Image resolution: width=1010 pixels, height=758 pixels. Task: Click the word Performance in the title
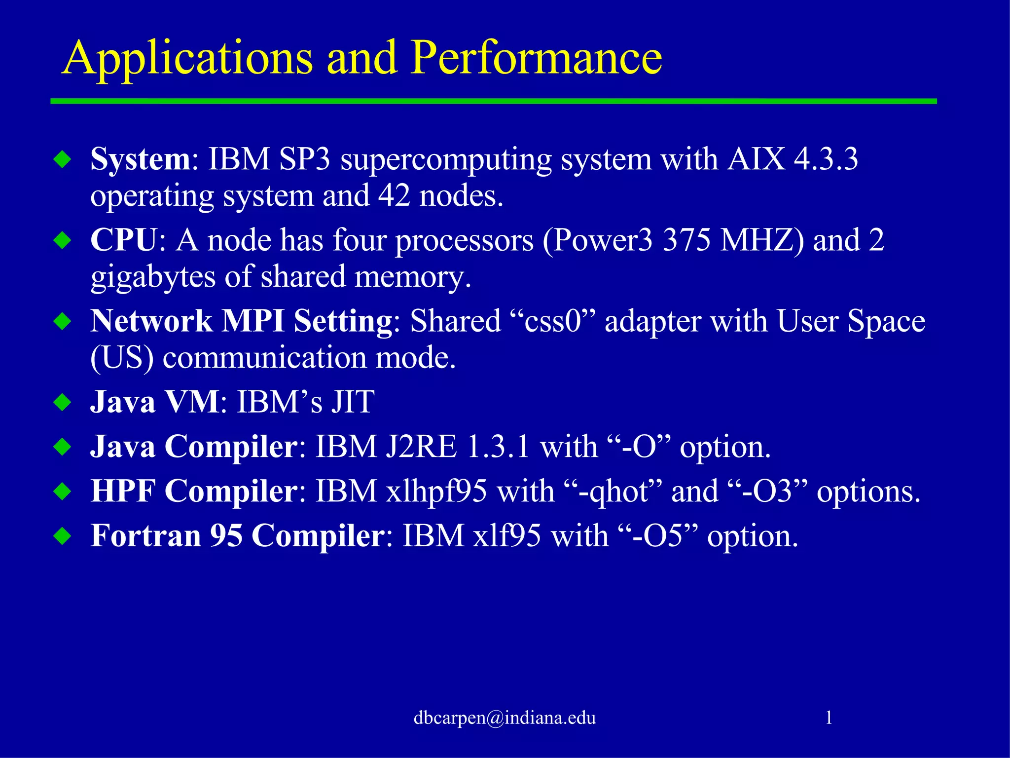537,58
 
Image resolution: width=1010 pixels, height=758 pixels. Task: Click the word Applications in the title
187,58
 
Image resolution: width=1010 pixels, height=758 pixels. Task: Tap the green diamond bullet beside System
63,159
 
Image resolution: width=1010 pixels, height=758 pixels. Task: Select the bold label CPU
123,240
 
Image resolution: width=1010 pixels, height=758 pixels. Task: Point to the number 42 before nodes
394,195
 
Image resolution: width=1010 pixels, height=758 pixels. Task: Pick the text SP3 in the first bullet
304,159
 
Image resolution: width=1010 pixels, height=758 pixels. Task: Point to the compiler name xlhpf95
436,492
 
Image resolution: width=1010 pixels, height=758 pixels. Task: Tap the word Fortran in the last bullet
146,536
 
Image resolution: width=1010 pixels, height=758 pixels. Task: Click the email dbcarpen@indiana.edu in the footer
505,718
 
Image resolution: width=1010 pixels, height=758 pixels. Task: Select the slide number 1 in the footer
829,718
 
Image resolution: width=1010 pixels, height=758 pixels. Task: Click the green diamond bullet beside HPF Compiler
63,492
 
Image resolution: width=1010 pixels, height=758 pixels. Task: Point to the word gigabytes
153,277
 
